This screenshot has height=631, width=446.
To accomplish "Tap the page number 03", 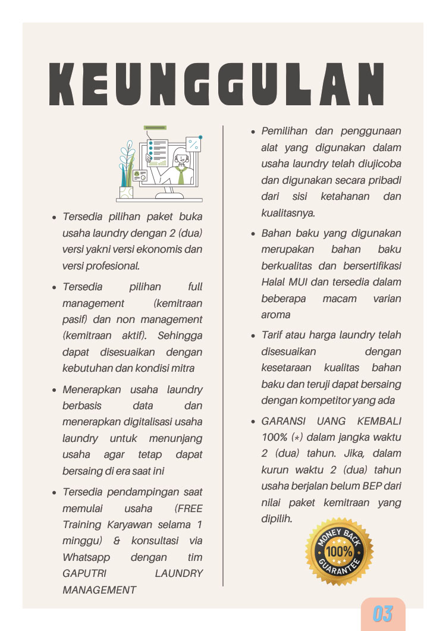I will click(x=383, y=614).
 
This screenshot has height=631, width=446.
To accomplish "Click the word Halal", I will click(x=274, y=282).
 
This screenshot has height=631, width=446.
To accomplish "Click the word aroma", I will click(x=276, y=315).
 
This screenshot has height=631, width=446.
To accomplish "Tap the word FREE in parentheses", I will click(x=189, y=508).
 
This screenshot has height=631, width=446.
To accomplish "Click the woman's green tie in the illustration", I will click(x=181, y=175).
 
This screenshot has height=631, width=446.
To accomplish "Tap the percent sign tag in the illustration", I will click(x=193, y=143).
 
